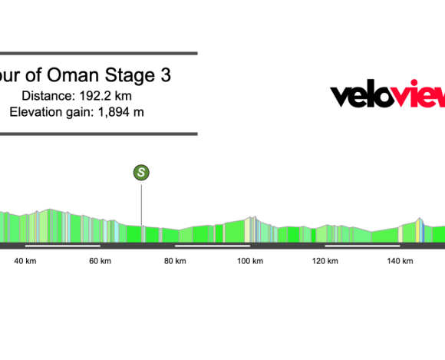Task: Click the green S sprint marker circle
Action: coord(141,173)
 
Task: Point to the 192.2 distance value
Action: coord(113,95)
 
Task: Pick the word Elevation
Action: coord(36,112)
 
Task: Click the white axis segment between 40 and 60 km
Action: coord(63,246)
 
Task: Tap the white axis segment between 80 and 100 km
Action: coord(213,246)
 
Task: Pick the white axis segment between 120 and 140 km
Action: coord(362,246)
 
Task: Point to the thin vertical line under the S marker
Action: coord(141,211)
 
